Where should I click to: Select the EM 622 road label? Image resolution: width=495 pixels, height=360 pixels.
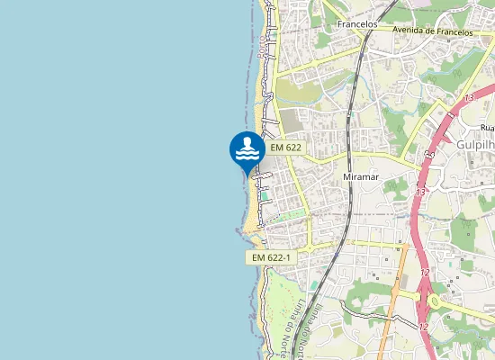(284, 147)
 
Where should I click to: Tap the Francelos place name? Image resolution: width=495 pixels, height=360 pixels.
(355, 24)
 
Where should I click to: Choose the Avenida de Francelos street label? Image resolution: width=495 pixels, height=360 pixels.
(432, 31)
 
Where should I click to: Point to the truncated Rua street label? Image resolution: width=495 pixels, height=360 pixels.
(486, 129)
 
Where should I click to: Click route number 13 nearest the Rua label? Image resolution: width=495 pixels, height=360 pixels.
(469, 97)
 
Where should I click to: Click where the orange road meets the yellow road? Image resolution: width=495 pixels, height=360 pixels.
(398, 245)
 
